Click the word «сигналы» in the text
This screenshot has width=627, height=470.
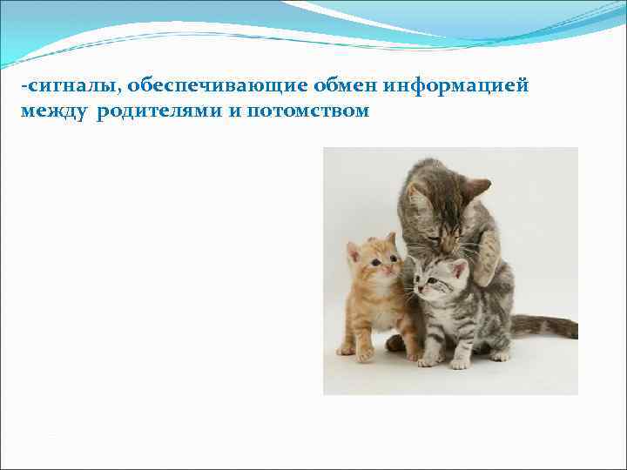click(57, 86)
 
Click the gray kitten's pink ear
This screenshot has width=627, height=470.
click(458, 269)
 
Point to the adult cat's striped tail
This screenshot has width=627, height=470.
click(544, 326)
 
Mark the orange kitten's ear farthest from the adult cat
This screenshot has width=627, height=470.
click(354, 251)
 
